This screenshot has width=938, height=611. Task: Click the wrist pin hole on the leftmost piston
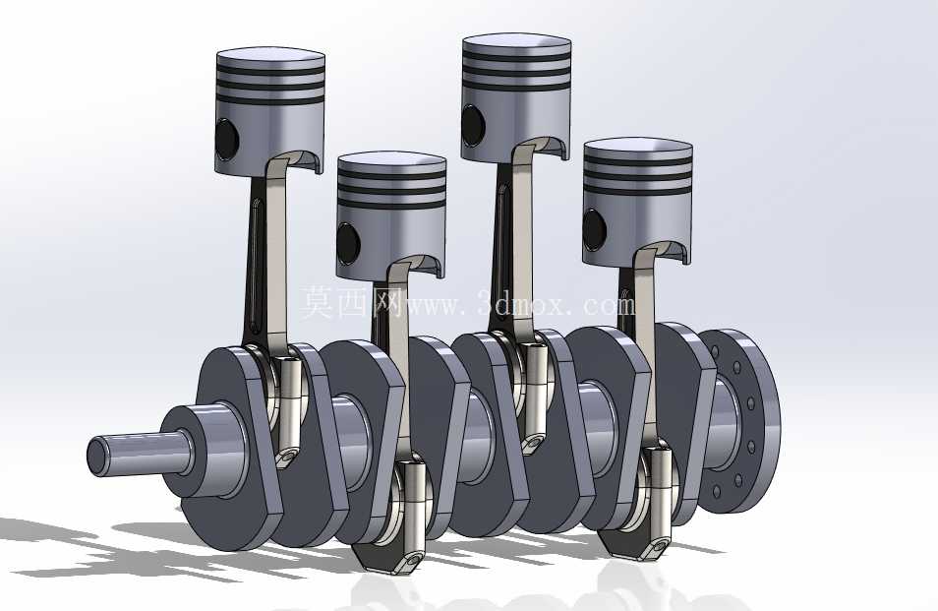tap(227, 140)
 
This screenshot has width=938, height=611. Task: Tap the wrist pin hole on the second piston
tap(348, 244)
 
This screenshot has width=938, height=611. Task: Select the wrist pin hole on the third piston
tap(473, 125)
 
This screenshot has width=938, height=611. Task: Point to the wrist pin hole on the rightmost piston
tap(595, 230)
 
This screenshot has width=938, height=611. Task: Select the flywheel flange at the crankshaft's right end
tap(741, 421)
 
